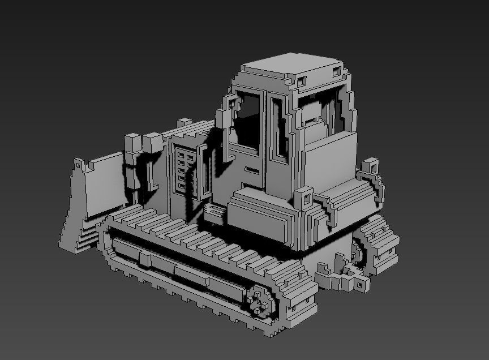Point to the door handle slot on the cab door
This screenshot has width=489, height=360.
coord(251,170)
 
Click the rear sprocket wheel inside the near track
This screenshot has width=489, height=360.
coord(260,301)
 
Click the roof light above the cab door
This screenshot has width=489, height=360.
coord(302,80)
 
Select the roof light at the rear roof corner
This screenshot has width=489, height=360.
coord(337,72)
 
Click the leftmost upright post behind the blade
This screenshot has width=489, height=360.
coord(132,144)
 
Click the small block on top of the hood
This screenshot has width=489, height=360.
coord(185,123)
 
